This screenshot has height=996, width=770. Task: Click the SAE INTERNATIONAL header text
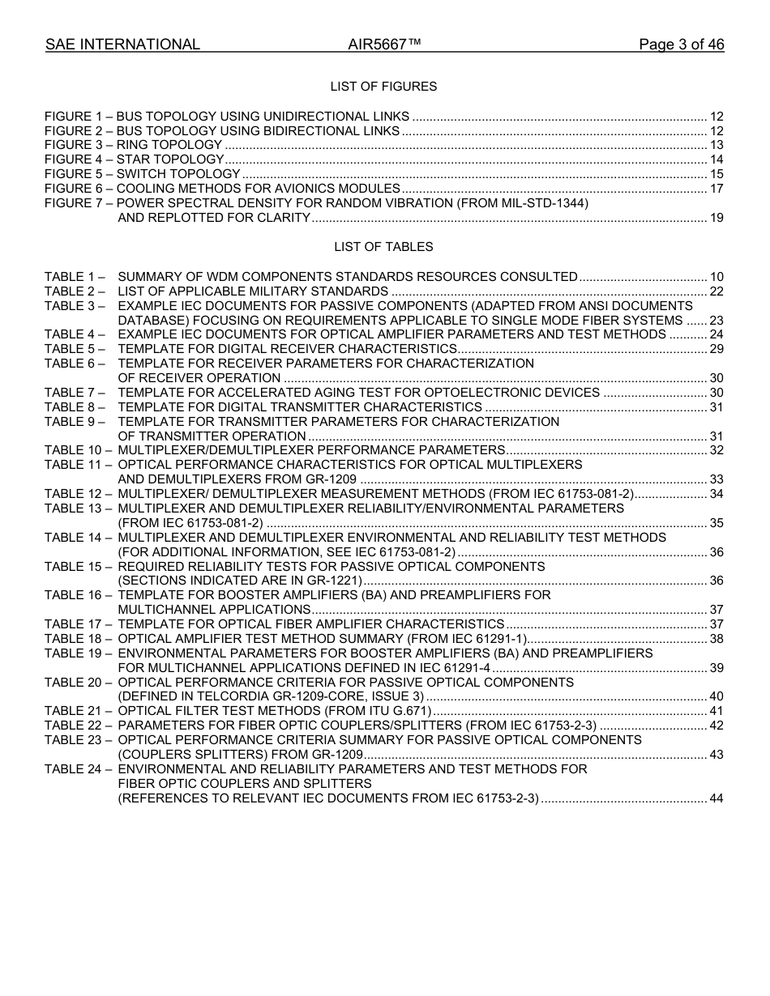[x=122, y=45]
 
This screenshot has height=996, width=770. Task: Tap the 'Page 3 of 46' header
[x=681, y=45]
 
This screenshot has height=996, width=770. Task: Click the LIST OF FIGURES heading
[x=383, y=87]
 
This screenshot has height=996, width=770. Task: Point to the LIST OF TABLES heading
[x=383, y=247]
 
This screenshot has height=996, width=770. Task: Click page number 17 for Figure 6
[x=717, y=189]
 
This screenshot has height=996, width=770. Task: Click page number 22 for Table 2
[x=717, y=292]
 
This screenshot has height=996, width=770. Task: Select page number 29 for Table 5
[x=717, y=349]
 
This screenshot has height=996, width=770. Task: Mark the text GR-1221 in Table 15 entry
[x=334, y=581]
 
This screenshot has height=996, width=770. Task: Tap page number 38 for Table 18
[x=717, y=639]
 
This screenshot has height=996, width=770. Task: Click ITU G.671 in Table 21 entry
[x=402, y=711]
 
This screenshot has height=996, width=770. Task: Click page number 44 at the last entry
[x=717, y=798]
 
